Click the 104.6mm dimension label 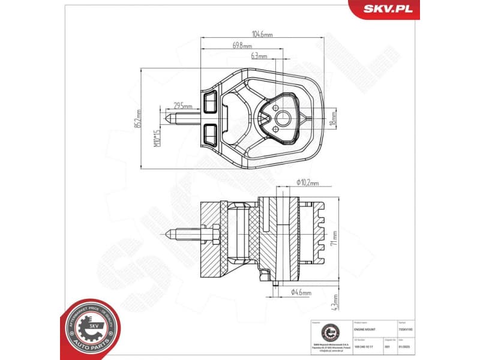pyautogui.click(x=262, y=35)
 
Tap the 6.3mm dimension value pyautogui.click(x=259, y=56)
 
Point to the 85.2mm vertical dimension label pyautogui.click(x=137, y=118)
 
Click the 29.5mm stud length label pyautogui.click(x=178, y=104)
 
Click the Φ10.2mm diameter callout pyautogui.click(x=307, y=182)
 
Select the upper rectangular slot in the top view pyautogui.click(x=210, y=102)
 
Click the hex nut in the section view pyautogui.click(x=214, y=234)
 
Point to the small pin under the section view pyautogui.click(x=273, y=282)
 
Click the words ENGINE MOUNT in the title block pyautogui.click(x=365, y=330)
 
